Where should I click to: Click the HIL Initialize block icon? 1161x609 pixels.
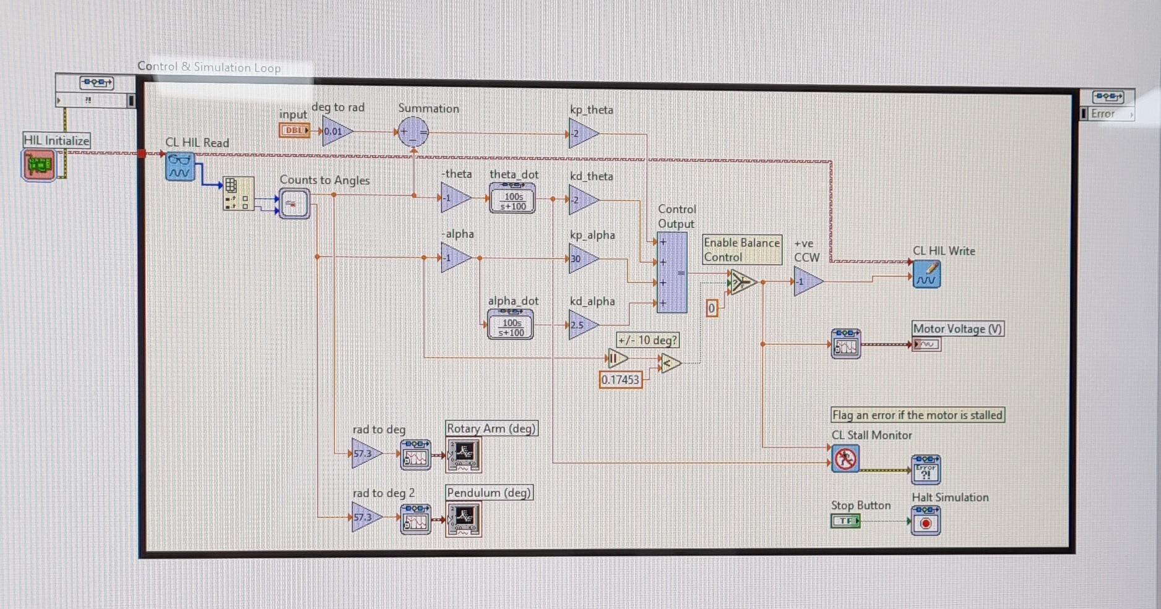pyautogui.click(x=38, y=165)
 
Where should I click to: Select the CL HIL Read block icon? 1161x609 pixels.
pyautogui.click(x=180, y=167)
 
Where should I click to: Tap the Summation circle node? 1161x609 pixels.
pyautogui.click(x=413, y=132)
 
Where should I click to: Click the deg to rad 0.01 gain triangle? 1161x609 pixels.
pyautogui.click(x=335, y=131)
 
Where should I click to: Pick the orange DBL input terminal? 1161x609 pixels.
pyautogui.click(x=294, y=130)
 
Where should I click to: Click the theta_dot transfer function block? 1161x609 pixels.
pyautogui.click(x=512, y=198)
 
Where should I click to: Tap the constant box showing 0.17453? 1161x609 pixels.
pyautogui.click(x=620, y=380)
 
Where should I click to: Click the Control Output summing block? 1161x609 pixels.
pyautogui.click(x=671, y=273)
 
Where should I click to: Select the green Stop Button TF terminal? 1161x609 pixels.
pyautogui.click(x=845, y=521)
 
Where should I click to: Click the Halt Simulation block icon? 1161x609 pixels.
pyautogui.click(x=926, y=521)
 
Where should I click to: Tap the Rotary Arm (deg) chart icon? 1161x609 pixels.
pyautogui.click(x=464, y=455)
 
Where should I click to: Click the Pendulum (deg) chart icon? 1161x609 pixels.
pyautogui.click(x=464, y=518)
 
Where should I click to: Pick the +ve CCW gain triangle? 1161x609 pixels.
pyautogui.click(x=806, y=281)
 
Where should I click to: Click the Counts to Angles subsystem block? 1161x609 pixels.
pyautogui.click(x=294, y=203)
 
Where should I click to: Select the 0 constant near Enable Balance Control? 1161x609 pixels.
pyautogui.click(x=712, y=308)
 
